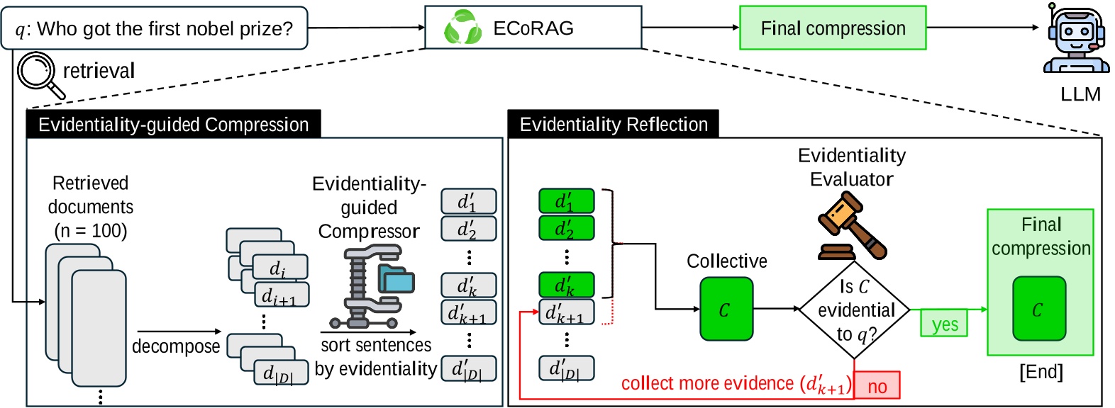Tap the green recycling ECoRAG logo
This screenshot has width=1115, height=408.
[462, 28]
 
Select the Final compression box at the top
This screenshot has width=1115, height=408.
[833, 28]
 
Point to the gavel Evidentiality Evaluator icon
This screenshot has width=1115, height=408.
[850, 226]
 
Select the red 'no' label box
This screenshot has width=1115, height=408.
[877, 386]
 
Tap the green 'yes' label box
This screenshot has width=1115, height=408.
[944, 324]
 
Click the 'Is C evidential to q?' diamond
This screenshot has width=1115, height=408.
[854, 310]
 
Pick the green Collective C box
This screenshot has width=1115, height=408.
[726, 309]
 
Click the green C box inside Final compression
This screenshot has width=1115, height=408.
[1038, 309]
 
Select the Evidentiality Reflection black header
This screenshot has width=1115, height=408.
[613, 125]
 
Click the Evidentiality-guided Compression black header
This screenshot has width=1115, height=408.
[173, 125]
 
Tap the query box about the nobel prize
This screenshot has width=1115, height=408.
[155, 28]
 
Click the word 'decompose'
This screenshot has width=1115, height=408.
[176, 346]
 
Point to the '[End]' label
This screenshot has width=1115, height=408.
[1041, 371]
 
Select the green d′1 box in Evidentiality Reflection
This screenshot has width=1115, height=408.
[566, 202]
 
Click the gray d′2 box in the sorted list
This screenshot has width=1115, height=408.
[468, 229]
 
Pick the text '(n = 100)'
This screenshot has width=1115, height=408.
[90, 231]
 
